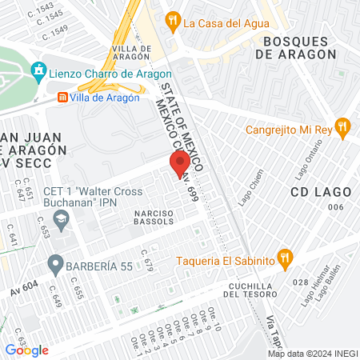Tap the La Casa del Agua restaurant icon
tap(172, 22)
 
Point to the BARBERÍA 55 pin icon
tap(55, 262)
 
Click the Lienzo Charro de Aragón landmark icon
tap(37, 72)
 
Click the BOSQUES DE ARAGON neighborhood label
tap(296, 47)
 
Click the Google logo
tap(26, 350)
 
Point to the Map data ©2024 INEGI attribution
tap(311, 354)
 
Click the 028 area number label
tap(302, 282)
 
